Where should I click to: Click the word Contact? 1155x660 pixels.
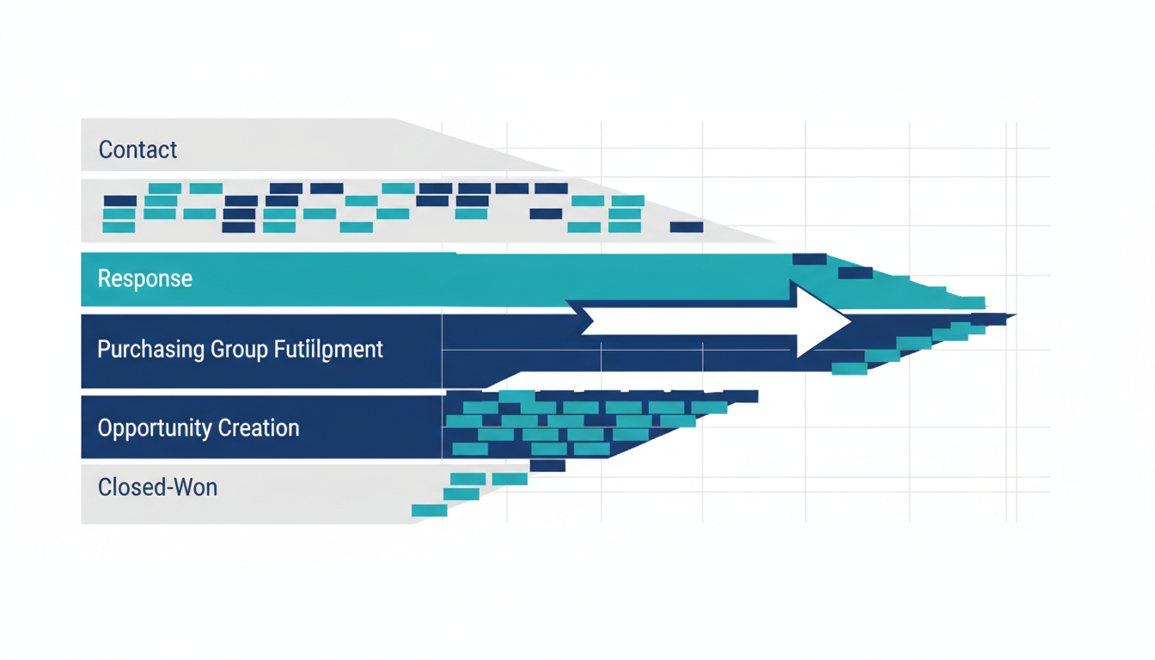[x=137, y=150]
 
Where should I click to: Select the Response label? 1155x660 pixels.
[x=144, y=278]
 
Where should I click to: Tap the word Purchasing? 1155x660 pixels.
[x=151, y=350]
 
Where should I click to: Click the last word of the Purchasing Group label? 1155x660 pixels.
[x=329, y=350]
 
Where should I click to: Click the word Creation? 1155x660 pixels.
[x=259, y=428]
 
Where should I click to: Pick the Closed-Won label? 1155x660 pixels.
[x=157, y=487]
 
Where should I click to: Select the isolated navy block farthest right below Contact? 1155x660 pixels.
[x=687, y=227]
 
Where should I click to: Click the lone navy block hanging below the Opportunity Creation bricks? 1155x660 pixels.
[x=547, y=466]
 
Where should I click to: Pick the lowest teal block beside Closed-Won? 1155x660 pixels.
[x=430, y=510]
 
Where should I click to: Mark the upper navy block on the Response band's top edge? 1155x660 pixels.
[x=809, y=259]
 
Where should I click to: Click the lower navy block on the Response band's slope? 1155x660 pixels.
[x=855, y=273]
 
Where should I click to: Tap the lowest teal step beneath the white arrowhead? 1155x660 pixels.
[x=849, y=369]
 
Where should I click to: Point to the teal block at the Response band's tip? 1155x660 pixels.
[x=972, y=302]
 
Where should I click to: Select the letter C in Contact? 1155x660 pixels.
[x=105, y=150]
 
